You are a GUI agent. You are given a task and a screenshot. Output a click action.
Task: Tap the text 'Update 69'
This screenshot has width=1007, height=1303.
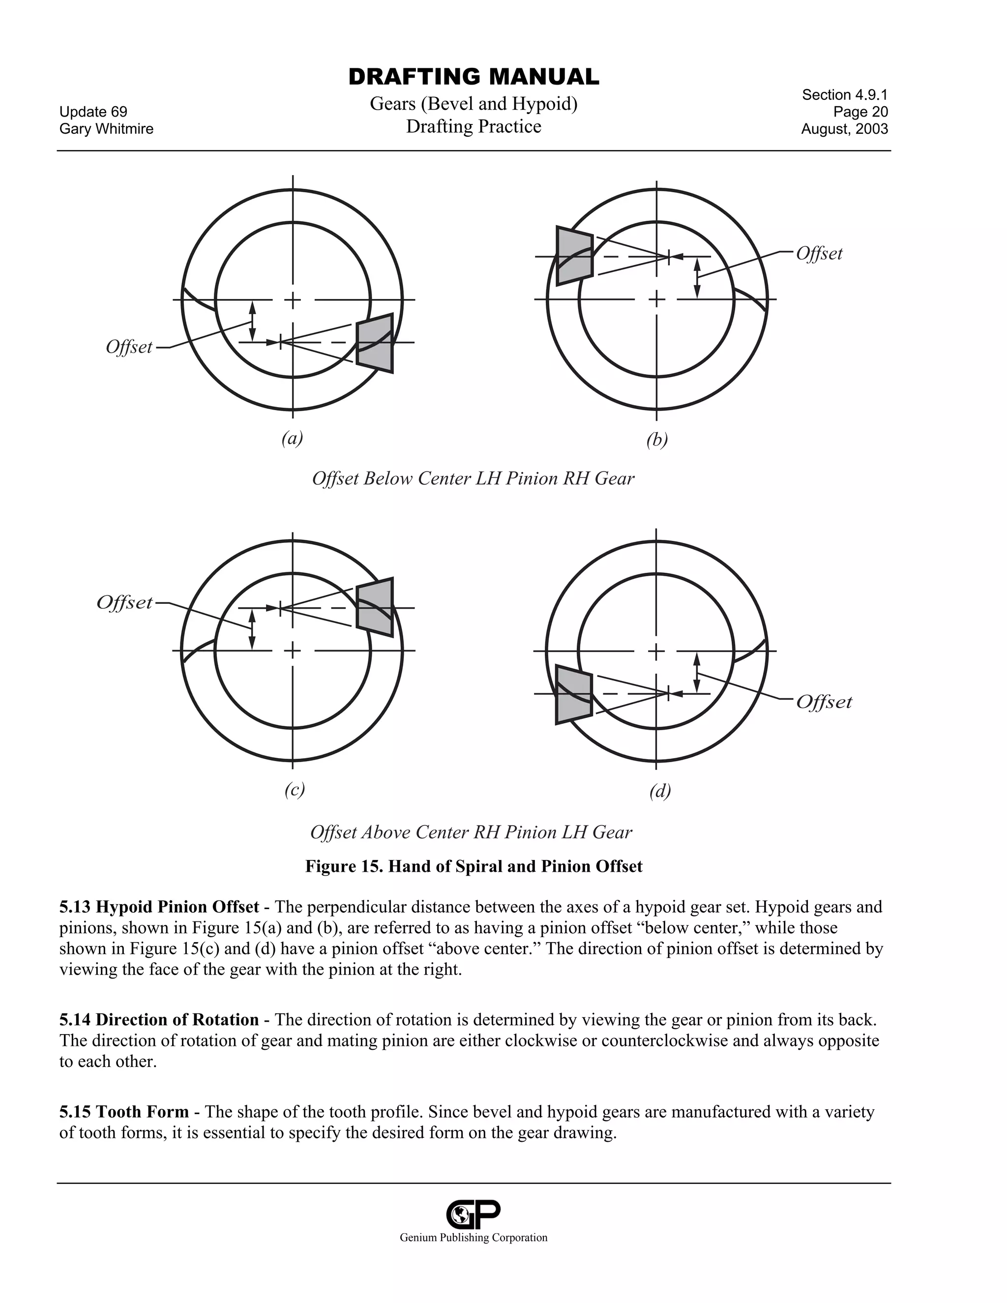93,112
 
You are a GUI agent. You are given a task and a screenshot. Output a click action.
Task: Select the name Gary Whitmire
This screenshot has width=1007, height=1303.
106,129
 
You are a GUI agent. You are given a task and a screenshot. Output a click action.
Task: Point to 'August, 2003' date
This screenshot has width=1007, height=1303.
844,129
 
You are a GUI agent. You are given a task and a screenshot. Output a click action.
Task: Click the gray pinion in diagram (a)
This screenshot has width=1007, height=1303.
375,344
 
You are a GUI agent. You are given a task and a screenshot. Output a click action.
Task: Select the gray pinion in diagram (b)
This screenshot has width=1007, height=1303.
574,256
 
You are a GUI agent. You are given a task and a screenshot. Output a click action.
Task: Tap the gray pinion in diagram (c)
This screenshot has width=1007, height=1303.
375,607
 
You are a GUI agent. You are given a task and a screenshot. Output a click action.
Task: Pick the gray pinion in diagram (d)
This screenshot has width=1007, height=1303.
573,694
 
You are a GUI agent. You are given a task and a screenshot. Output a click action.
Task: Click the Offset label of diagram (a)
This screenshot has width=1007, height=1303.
129,347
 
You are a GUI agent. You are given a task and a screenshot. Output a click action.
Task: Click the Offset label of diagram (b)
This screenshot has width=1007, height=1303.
819,254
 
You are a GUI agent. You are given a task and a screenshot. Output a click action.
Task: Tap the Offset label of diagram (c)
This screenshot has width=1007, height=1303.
125,603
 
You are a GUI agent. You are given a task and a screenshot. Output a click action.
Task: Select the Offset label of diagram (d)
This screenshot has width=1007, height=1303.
824,702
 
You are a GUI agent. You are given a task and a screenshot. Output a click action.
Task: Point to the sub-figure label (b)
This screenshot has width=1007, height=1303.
657,440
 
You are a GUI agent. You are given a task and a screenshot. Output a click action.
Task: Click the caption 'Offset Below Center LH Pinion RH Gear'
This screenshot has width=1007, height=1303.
473,478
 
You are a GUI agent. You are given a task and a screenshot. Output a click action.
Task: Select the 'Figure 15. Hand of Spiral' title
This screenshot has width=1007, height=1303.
474,866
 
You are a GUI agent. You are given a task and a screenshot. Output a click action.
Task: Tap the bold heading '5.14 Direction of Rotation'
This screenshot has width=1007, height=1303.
159,1020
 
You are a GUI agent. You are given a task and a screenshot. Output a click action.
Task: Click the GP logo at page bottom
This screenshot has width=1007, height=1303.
473,1214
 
